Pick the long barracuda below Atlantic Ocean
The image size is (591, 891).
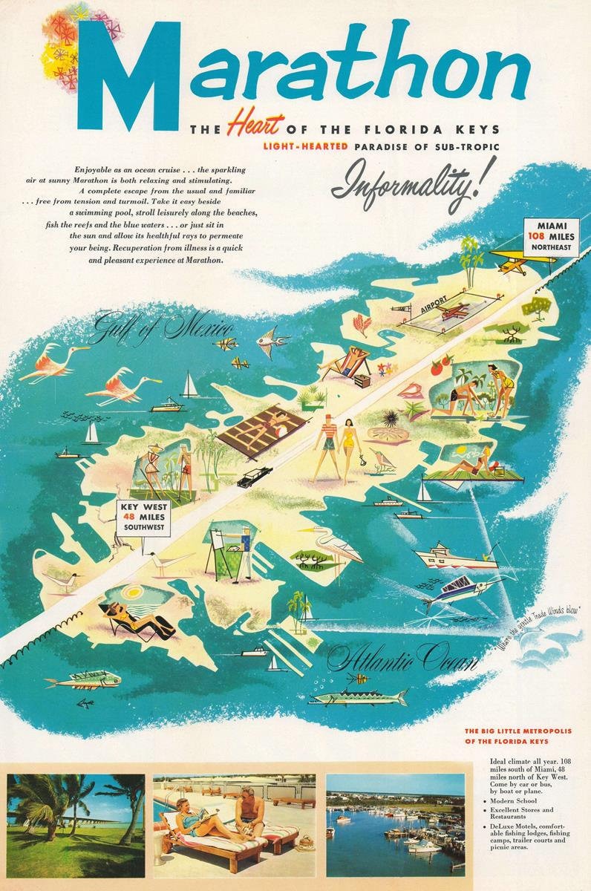[x=360, y=697]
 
